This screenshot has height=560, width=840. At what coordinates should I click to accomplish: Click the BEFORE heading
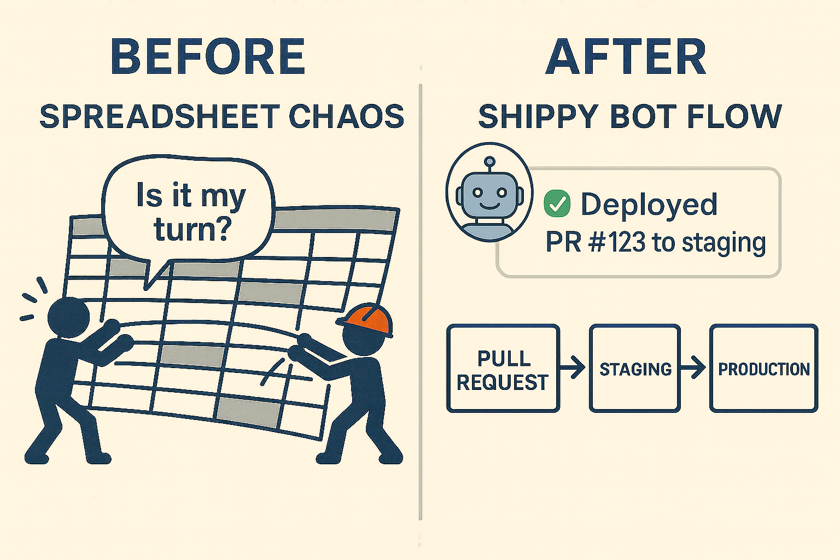[x=208, y=57]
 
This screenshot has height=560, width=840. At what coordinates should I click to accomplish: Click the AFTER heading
[x=626, y=57]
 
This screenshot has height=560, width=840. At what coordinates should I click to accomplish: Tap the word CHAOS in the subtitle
[x=346, y=116]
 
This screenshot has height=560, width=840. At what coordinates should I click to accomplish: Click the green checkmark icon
[x=557, y=204]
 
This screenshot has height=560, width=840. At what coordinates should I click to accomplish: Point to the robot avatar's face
[x=489, y=195]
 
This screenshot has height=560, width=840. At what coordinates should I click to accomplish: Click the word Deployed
[x=649, y=204]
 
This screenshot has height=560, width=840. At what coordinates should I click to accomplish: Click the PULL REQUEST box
[x=503, y=369]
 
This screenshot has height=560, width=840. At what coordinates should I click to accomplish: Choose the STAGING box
[x=635, y=369]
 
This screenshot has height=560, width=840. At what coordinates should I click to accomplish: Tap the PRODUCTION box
[x=763, y=369]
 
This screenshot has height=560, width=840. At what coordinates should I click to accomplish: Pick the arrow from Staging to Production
[x=694, y=367]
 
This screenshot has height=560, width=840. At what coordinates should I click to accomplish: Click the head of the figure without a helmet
[x=68, y=317]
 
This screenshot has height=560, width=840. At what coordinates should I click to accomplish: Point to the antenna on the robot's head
[x=490, y=162]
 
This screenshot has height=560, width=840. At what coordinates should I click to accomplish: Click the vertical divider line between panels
[x=420, y=301]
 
